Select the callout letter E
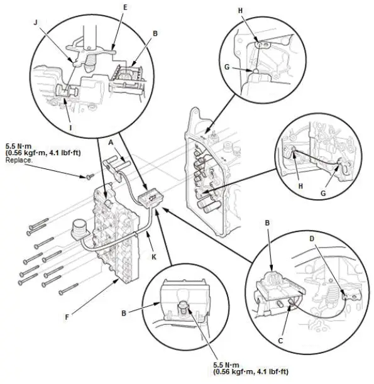click(125, 8)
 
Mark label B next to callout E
click(155, 31)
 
